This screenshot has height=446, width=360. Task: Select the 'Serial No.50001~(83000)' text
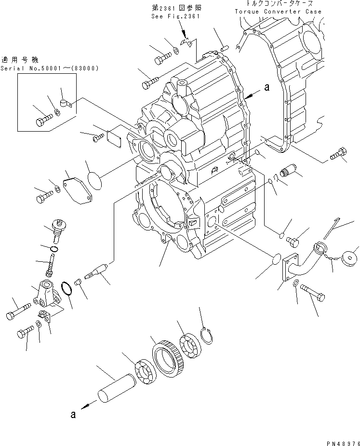tap(49, 68)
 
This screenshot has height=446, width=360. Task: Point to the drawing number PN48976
tap(339, 441)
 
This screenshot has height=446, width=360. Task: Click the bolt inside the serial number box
tap(44, 118)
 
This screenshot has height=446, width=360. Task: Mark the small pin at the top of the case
tap(224, 47)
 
